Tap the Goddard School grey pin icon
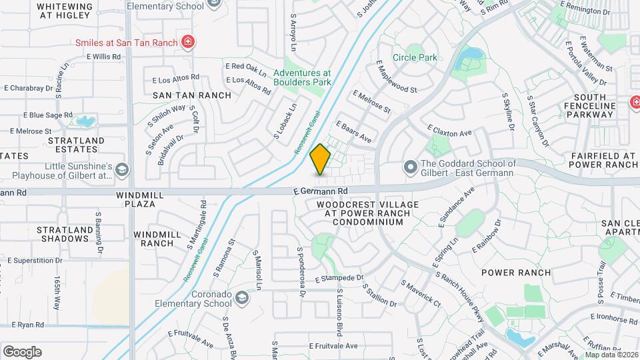(410, 165)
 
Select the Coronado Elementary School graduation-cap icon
(242, 297)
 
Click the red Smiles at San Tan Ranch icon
(189, 43)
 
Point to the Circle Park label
(415, 57)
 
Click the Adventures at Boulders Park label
(302, 77)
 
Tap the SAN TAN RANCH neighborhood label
(192, 95)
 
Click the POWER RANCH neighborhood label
(516, 273)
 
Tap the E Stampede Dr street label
(340, 278)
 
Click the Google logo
(22, 352)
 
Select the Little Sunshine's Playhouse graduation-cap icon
(121, 171)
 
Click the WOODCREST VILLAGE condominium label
(367, 213)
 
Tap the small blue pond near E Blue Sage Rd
(85, 121)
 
